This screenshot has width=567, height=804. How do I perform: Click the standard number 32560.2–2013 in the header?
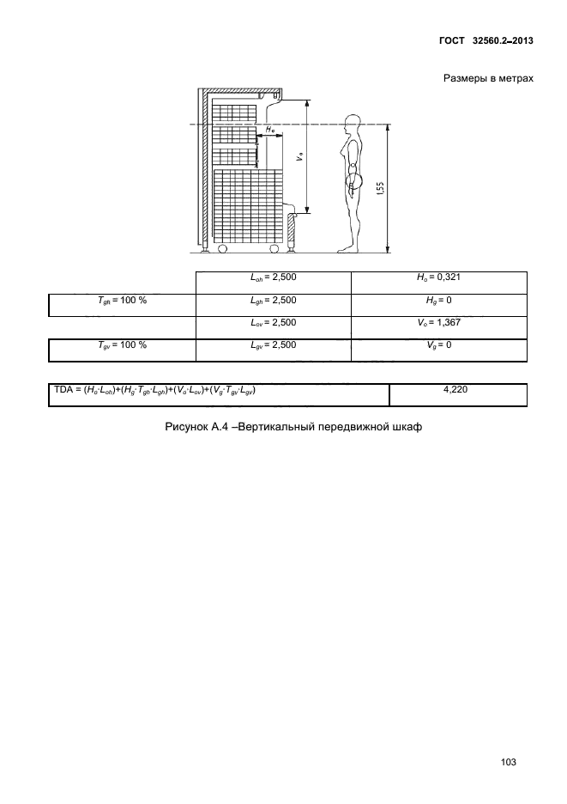pos(500,40)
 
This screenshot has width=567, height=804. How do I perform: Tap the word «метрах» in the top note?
pos(516,78)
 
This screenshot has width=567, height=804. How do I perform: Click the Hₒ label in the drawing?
pos(270,131)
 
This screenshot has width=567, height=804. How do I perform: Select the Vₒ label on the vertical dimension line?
pos(300,157)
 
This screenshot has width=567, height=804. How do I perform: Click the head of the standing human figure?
pos(352,121)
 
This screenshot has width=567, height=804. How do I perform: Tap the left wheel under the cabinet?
pos(222,249)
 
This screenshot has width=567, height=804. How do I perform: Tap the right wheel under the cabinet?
pos(274,249)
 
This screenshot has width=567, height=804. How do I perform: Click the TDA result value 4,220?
pos(455,390)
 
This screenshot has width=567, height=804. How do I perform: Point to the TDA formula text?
pos(154,390)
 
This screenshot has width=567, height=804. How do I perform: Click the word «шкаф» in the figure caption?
pos(408,427)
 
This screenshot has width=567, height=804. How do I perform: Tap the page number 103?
pos(508,762)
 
